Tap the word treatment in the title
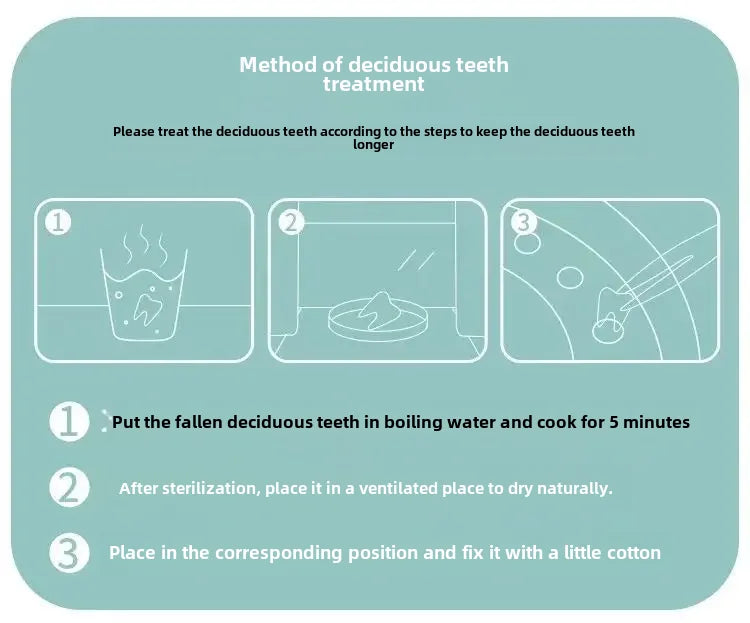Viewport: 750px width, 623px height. (374, 84)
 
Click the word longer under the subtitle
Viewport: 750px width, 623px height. (374, 145)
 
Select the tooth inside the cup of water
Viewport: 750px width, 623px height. (148, 309)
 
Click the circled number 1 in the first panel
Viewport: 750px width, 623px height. (58, 222)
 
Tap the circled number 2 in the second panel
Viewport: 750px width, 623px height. (291, 222)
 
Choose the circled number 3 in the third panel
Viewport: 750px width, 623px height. (524, 222)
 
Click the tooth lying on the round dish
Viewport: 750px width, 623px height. (380, 310)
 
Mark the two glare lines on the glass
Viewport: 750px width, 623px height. (416, 260)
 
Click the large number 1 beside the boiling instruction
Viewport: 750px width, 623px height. (69, 421)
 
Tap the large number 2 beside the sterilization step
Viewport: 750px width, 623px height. (69, 488)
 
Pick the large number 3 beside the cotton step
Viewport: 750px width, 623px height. (69, 553)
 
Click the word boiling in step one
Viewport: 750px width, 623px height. (413, 423)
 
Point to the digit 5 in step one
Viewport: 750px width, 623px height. (613, 422)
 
